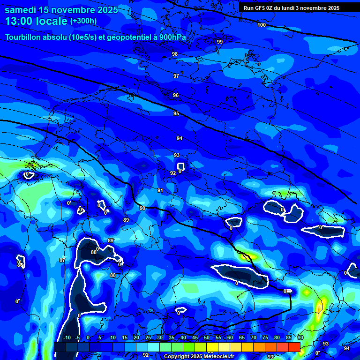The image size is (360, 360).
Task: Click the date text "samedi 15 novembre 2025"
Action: [61, 10]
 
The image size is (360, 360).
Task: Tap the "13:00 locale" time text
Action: [36, 21]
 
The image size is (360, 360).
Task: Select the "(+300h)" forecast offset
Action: [83, 21]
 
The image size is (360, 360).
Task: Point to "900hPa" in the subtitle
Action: [177, 37]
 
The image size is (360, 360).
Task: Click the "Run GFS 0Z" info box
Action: [292, 8]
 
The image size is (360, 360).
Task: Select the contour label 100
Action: [262, 25]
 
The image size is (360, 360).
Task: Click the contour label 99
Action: [220, 42]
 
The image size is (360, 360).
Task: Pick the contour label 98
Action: [175, 54]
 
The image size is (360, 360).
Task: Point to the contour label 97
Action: [176, 76]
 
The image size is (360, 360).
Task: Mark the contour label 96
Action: [176, 95]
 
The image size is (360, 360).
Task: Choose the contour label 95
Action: [176, 113]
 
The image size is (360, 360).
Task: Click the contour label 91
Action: [160, 190]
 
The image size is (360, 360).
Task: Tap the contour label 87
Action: [62, 260]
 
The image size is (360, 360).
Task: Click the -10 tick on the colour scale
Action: [67, 338]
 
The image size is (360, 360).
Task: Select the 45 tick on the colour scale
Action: [195, 338]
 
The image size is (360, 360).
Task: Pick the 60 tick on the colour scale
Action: [230, 338]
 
